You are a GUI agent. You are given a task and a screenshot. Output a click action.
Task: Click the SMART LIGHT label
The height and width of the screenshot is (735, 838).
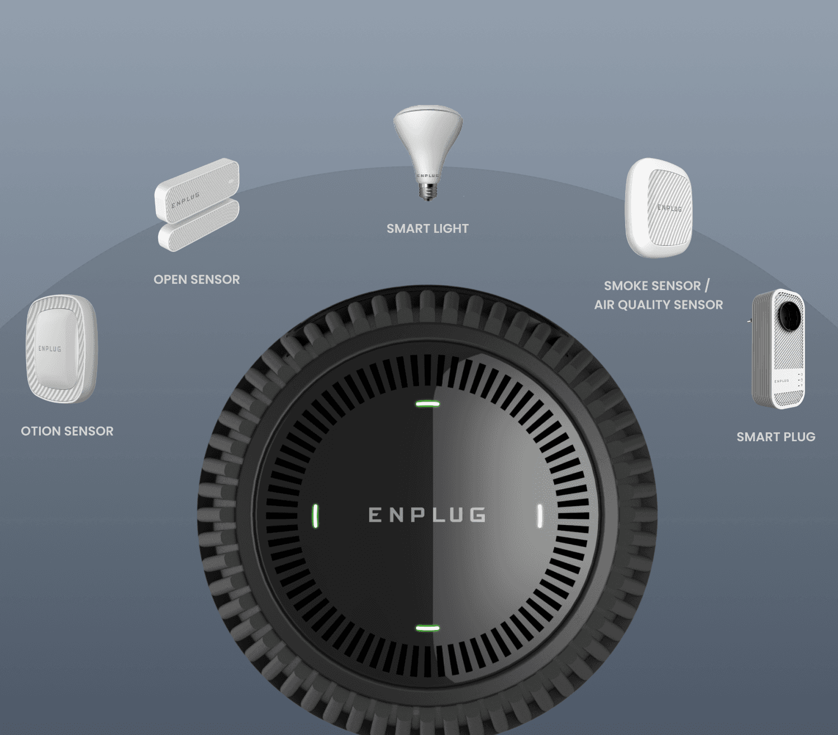tap(427, 228)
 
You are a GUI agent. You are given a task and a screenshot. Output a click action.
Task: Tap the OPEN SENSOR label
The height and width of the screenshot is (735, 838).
tap(197, 279)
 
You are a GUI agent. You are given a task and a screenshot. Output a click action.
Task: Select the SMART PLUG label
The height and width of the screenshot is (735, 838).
tap(775, 437)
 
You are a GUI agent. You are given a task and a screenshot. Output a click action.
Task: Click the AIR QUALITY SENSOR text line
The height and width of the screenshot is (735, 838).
tap(658, 304)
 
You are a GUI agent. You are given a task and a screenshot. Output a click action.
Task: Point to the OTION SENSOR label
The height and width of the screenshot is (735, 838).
tap(67, 431)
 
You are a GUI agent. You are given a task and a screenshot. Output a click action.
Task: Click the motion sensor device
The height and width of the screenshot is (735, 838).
tap(61, 349)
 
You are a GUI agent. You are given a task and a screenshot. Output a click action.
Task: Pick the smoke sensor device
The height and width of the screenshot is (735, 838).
tap(659, 208)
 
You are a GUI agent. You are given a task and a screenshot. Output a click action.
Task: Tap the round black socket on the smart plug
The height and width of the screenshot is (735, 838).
tap(789, 316)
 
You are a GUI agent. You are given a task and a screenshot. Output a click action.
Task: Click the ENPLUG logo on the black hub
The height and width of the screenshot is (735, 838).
tap(427, 514)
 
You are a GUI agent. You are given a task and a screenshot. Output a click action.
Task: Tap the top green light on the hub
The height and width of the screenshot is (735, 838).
tap(427, 403)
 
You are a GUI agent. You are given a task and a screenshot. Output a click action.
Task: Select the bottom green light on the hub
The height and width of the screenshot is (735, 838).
tap(427, 628)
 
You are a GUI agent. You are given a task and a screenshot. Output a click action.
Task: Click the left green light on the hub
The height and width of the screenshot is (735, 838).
tap(316, 516)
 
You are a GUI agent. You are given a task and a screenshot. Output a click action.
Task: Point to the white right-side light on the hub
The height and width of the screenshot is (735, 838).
tap(540, 516)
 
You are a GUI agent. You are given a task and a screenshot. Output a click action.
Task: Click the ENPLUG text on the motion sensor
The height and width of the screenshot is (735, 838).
tap(50, 349)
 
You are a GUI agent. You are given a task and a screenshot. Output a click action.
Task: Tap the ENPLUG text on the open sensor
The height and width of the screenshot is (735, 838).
tap(185, 200)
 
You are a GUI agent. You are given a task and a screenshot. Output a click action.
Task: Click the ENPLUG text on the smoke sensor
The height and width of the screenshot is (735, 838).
tap(669, 208)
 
